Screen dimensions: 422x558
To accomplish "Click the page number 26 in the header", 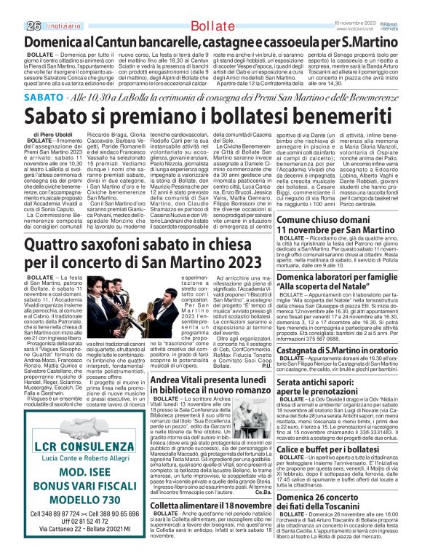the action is tap(13, 7).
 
